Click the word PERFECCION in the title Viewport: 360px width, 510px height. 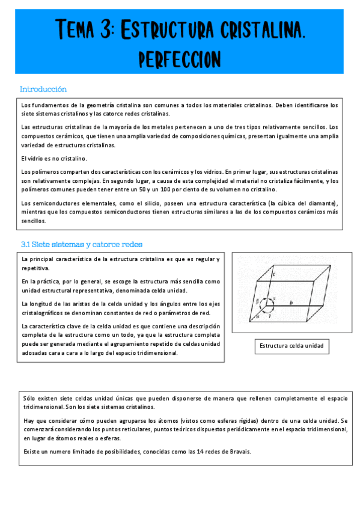(x=180, y=59)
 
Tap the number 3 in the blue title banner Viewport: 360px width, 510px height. (x=106, y=29)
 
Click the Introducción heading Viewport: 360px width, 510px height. (x=43, y=89)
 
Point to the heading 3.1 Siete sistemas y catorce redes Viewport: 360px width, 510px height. (x=81, y=244)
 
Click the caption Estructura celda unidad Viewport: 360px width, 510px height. (x=291, y=346)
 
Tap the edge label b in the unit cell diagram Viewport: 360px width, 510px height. (x=291, y=304)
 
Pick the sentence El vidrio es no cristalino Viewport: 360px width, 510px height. (x=54, y=158)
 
